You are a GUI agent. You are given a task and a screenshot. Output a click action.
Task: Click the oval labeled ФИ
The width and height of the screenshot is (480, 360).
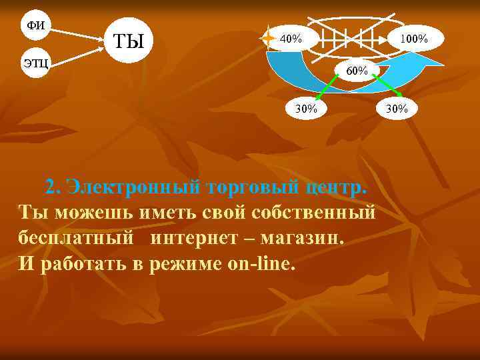(35, 25)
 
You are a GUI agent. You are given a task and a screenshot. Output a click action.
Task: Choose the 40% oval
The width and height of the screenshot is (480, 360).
(292, 39)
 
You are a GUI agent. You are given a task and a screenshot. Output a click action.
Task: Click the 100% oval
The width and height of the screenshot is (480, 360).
(413, 39)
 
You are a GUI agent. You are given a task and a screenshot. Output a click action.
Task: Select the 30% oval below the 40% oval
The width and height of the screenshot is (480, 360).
(306, 108)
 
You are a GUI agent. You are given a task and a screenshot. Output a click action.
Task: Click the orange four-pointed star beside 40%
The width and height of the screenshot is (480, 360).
(268, 38)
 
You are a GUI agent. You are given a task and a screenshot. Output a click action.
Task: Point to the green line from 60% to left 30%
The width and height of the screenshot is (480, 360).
(328, 89)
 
